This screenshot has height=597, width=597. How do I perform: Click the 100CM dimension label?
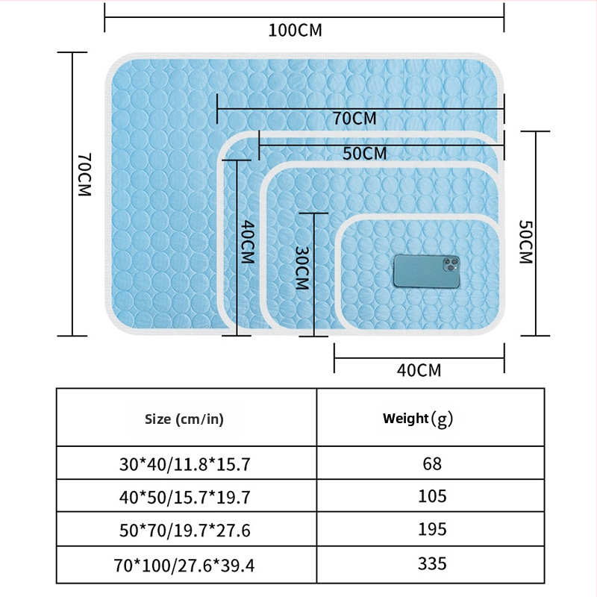tap(295, 31)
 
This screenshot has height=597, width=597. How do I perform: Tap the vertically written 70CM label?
tap(84, 175)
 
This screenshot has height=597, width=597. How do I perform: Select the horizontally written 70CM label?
tap(354, 119)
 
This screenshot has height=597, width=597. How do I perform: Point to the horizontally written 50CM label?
tap(364, 154)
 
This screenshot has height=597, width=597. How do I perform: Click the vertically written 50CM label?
tap(526, 242)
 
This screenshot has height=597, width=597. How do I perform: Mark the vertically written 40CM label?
tap(248, 242)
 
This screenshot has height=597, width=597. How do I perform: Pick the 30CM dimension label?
tap(302, 268)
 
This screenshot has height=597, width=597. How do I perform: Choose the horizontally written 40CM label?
tap(419, 370)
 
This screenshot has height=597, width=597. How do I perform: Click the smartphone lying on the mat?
tap(426, 272)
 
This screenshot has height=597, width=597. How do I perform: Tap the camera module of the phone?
tap(451, 265)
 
